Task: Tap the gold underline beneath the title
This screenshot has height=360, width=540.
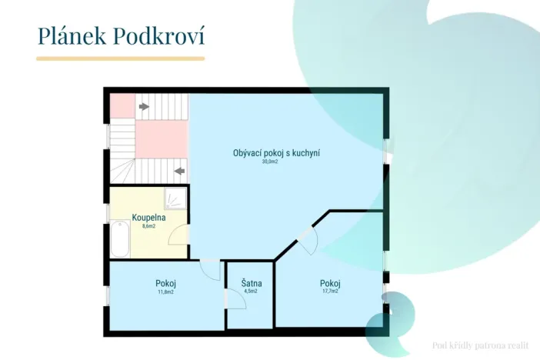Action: (121, 58)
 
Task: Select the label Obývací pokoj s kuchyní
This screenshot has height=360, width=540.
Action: (276, 153)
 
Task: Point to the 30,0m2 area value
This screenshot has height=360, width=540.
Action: (269, 162)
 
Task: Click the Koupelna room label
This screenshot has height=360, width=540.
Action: (149, 218)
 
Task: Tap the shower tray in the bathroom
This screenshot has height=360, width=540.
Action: (175, 198)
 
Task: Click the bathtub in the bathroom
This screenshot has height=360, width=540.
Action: (120, 240)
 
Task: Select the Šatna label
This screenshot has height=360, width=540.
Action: (250, 283)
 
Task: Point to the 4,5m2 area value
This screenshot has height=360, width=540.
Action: (250, 292)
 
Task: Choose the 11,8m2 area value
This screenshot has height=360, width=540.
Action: (165, 292)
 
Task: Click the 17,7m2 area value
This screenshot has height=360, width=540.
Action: (330, 292)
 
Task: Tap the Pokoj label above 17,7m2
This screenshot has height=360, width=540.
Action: (330, 283)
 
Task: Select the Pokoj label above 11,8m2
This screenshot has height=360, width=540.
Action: (165, 283)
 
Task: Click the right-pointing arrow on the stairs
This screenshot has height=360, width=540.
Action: (143, 107)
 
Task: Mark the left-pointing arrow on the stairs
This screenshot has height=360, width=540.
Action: (180, 170)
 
